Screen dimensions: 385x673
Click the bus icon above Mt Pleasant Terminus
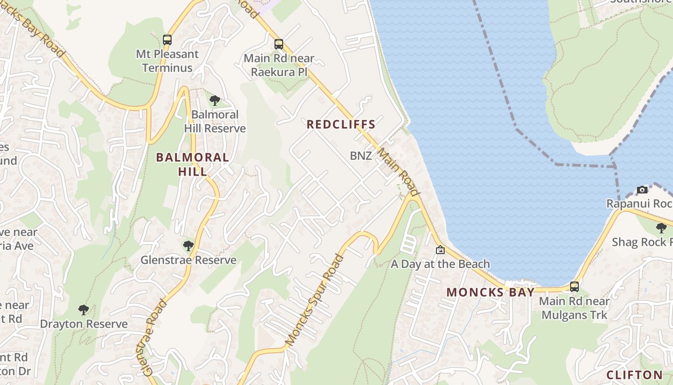167,40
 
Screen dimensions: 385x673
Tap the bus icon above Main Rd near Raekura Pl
279,44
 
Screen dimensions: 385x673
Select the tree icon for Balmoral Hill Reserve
215,101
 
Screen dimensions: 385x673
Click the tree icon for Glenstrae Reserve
188,246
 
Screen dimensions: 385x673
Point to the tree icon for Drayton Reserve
84,309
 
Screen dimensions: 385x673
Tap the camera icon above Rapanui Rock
642,190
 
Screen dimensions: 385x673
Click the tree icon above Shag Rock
661,228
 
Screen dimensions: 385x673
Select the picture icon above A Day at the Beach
440,250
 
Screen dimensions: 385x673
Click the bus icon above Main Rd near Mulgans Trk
574,287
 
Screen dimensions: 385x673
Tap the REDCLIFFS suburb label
341,125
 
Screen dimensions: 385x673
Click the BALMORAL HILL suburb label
193,164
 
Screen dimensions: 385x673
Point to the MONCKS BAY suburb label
490,292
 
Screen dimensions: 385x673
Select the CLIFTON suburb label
635,375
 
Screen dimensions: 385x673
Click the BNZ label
361,156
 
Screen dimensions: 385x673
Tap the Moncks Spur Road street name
315,299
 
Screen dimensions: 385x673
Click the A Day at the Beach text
440,264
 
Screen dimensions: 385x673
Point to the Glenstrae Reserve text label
188,260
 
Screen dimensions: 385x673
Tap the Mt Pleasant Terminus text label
167,61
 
